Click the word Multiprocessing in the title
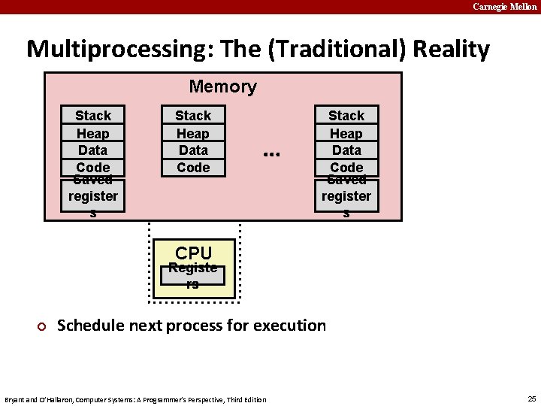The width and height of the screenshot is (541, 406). pos(110,50)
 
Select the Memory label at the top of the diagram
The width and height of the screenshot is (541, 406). pos(222,86)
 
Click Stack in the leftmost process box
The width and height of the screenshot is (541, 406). pos(92,116)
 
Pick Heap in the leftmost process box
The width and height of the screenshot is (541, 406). pos(92,133)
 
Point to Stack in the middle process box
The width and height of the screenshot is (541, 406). pos(193,116)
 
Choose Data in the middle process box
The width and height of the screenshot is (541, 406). pos(193,150)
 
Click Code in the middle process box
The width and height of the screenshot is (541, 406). pos(193,167)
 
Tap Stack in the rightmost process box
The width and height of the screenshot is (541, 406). pos(346,116)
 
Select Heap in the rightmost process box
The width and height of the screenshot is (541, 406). pos(346,133)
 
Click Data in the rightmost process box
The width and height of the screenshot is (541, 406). pos(346,150)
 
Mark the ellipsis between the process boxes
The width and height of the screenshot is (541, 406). pos(271,153)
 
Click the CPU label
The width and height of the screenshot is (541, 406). pos(194,253)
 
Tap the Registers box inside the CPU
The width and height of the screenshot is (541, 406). pos(193,275)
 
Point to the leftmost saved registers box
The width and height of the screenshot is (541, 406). pos(92,196)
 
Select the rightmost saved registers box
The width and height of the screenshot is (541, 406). pos(346,196)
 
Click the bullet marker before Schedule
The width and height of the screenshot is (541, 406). pos(42,326)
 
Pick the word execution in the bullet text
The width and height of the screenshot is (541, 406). pos(289,326)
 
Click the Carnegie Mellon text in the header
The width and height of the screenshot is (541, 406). pos(504,7)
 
